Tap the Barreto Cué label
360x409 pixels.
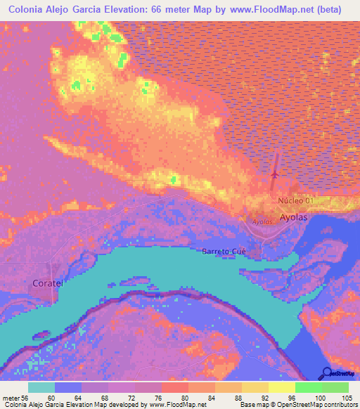pos(224,251)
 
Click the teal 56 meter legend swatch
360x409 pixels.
pos(41,387)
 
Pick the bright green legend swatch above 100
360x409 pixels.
pos(309,387)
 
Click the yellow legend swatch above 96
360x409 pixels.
pos(282,387)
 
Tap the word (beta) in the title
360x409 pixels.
pos(329,10)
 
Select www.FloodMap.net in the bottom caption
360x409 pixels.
pos(174,405)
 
